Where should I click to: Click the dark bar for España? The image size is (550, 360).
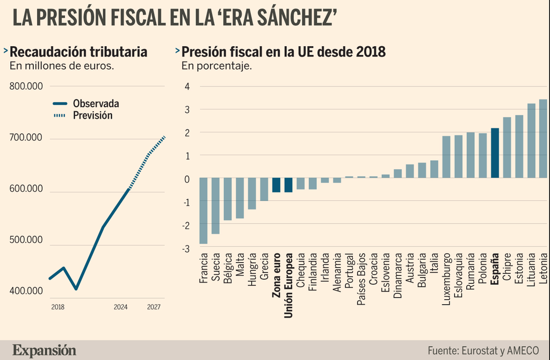495,153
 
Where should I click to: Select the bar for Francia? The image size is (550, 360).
203,211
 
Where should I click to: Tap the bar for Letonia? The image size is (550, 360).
543,139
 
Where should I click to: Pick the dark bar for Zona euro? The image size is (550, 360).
276,185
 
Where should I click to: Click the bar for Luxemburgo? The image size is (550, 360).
446,157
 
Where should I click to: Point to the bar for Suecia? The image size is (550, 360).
215,206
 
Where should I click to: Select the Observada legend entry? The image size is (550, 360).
86,104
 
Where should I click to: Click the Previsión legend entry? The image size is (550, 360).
83,116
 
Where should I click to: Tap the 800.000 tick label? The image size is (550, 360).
26,87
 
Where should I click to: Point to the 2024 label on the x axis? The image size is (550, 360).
121,307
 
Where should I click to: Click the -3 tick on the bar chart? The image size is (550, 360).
186,249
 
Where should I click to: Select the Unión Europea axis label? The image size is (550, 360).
288,285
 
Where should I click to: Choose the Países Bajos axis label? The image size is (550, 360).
361,279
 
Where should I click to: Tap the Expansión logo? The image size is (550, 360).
44,350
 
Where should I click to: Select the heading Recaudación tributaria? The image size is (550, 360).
78,52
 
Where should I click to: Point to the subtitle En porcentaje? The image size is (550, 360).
216,66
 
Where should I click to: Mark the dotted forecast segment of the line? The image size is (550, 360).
147,162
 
